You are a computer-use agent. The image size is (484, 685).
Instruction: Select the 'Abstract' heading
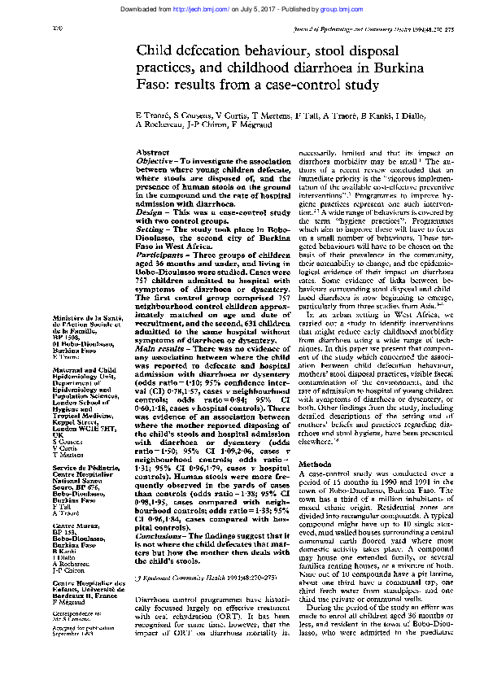pos(152,153)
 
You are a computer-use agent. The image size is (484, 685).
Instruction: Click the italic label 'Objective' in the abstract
pos(154,163)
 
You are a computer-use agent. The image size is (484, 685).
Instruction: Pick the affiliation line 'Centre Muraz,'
pos(73,526)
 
